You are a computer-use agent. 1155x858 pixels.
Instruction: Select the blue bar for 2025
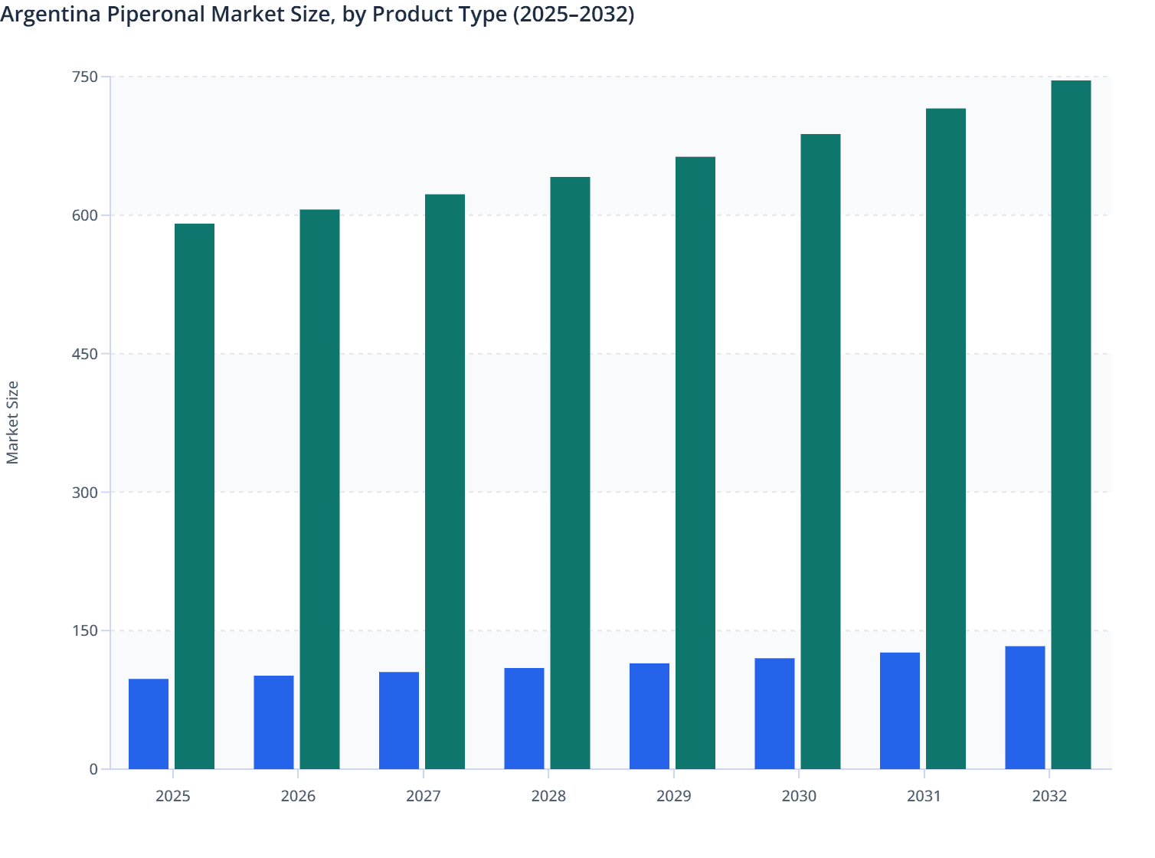click(149, 724)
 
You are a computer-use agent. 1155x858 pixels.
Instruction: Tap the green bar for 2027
click(445, 482)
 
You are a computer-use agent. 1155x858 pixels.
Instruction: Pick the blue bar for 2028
click(524, 719)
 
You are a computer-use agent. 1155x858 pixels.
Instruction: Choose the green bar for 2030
click(820, 452)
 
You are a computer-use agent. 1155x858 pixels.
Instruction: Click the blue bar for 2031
click(900, 711)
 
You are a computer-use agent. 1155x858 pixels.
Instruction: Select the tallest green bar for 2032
click(1071, 425)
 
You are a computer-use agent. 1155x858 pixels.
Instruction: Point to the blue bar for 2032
click(1025, 708)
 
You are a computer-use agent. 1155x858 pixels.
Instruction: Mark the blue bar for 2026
click(273, 722)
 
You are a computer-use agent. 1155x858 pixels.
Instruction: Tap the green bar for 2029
click(695, 463)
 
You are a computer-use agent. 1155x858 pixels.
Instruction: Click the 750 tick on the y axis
click(85, 77)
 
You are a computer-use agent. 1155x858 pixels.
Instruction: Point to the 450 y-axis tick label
click(85, 354)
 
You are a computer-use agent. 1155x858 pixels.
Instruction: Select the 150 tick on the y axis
click(85, 630)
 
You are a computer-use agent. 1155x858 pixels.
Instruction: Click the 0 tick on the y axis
click(93, 769)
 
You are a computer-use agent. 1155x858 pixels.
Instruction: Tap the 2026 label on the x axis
click(298, 797)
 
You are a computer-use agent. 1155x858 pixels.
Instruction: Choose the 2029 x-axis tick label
click(674, 797)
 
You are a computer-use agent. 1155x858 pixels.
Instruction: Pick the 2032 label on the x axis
click(1049, 797)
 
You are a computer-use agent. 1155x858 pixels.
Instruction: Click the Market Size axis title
click(13, 422)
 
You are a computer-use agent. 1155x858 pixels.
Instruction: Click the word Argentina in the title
click(50, 15)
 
